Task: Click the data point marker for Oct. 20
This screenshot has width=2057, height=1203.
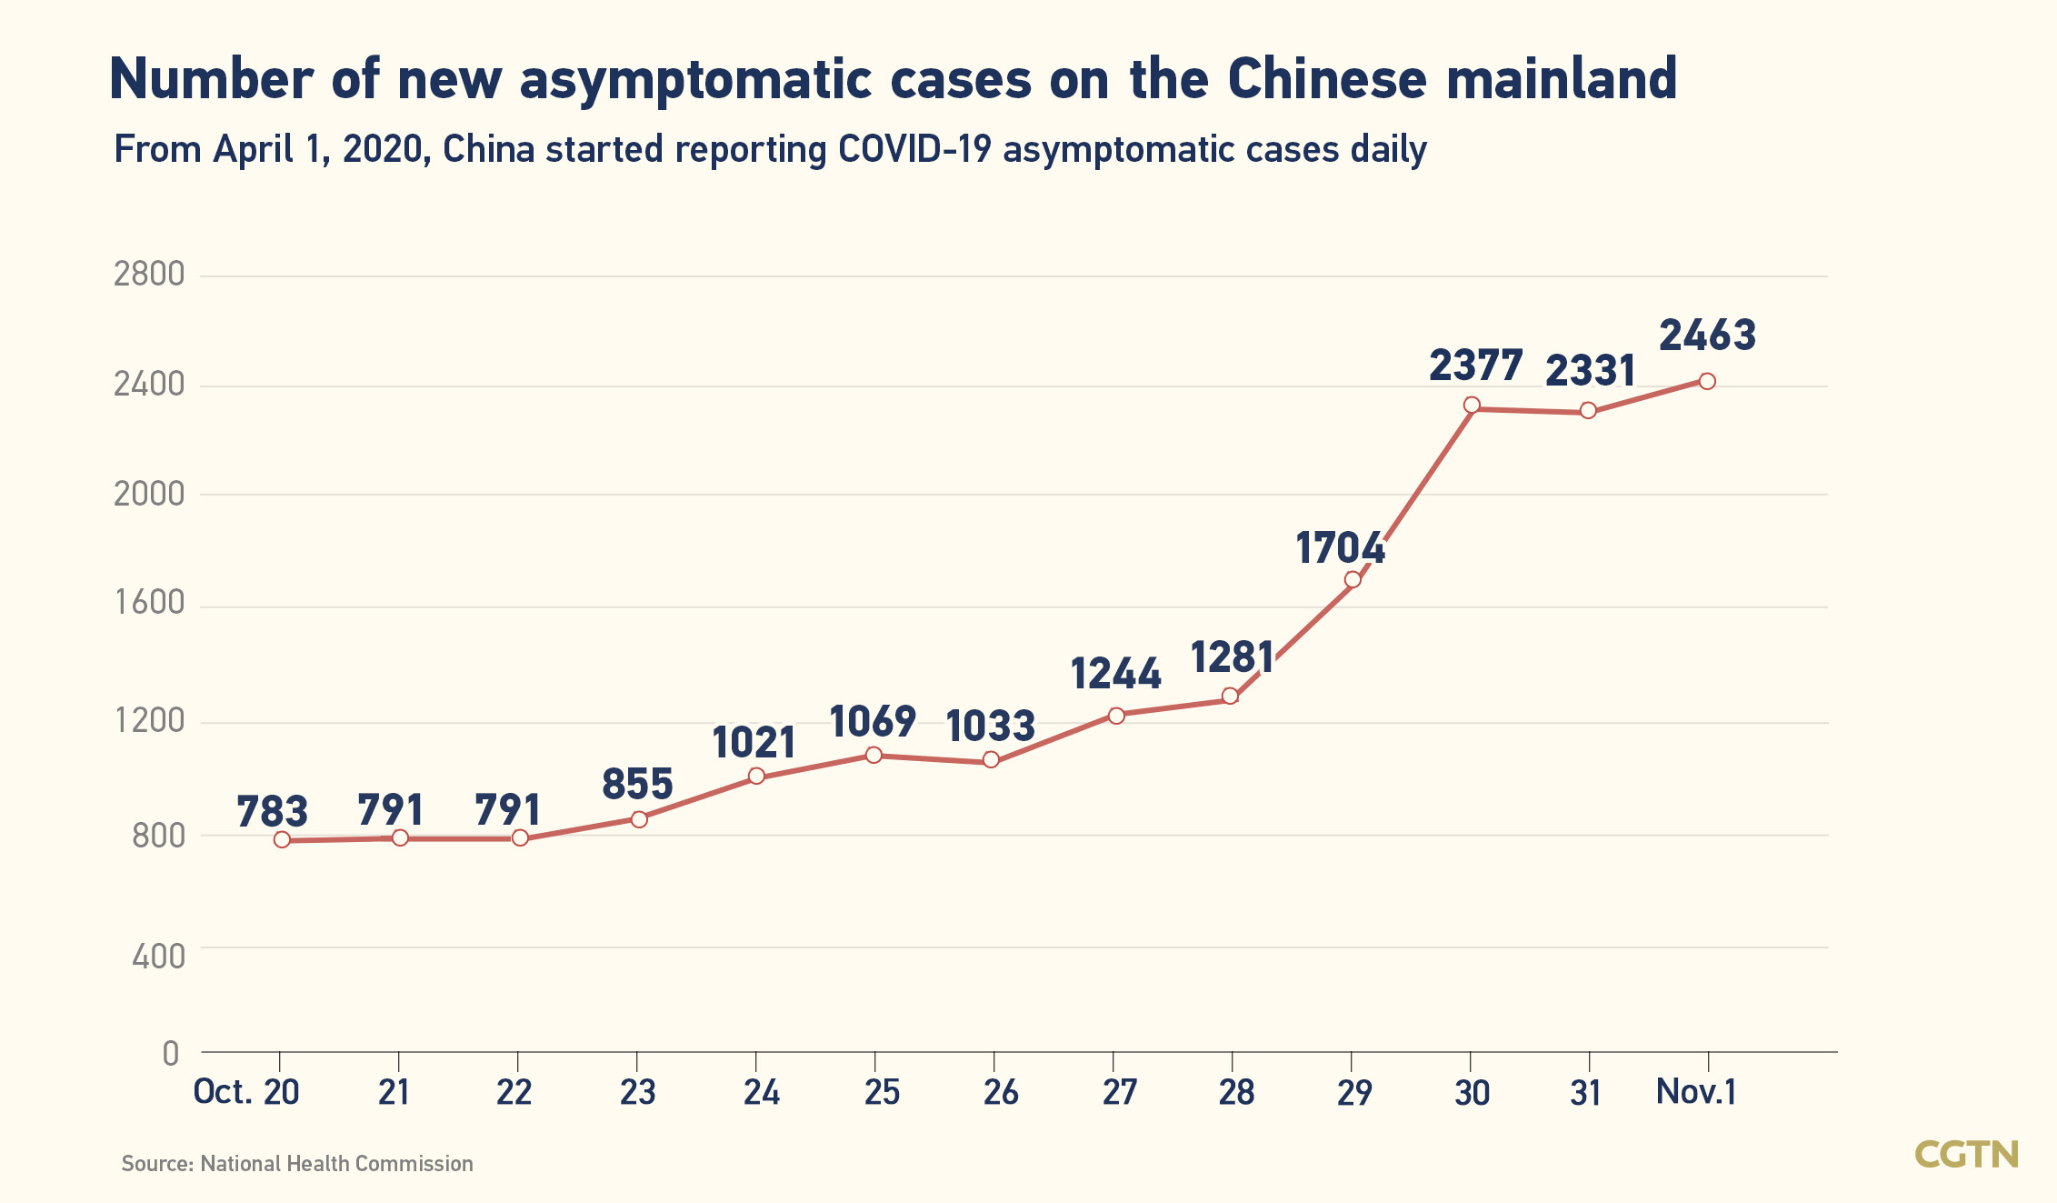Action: (282, 839)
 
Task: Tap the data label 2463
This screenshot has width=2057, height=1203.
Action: (1707, 336)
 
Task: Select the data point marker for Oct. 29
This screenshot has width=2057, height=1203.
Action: (1353, 579)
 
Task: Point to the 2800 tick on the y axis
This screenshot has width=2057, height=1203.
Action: (149, 274)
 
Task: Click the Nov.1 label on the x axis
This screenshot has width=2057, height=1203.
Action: (1696, 1091)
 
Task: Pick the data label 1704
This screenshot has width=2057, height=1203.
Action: (1340, 548)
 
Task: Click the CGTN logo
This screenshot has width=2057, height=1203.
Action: (1966, 1155)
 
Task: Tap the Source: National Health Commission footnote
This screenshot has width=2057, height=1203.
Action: (297, 1164)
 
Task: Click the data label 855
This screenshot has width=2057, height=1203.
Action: (637, 784)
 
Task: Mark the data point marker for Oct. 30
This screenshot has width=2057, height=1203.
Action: (1472, 405)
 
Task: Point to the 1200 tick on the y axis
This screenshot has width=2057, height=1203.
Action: (149, 721)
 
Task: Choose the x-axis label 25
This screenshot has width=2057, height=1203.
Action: (882, 1092)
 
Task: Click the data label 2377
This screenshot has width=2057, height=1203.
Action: (1475, 366)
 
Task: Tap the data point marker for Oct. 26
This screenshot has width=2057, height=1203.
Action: (991, 759)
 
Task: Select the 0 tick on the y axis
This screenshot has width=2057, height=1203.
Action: (171, 1054)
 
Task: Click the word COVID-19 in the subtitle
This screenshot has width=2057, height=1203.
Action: (914, 150)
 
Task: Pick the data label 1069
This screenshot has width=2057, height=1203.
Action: (872, 722)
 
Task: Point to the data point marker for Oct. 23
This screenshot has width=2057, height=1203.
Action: (639, 819)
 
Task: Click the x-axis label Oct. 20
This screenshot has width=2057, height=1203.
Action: (246, 1091)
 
